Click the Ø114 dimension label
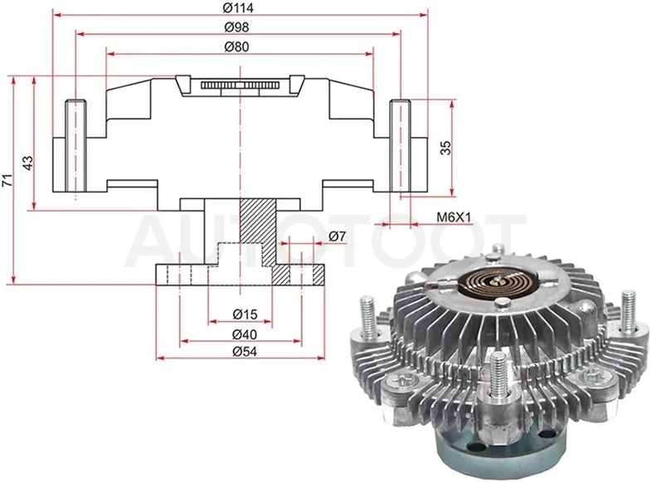(238, 7)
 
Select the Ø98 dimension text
(236, 27)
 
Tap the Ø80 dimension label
(236, 46)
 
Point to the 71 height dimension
(7, 180)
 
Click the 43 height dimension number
(27, 163)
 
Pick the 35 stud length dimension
(445, 148)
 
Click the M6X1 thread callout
(454, 217)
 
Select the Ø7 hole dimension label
(338, 236)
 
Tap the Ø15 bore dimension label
(245, 314)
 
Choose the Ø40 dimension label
(245, 334)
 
